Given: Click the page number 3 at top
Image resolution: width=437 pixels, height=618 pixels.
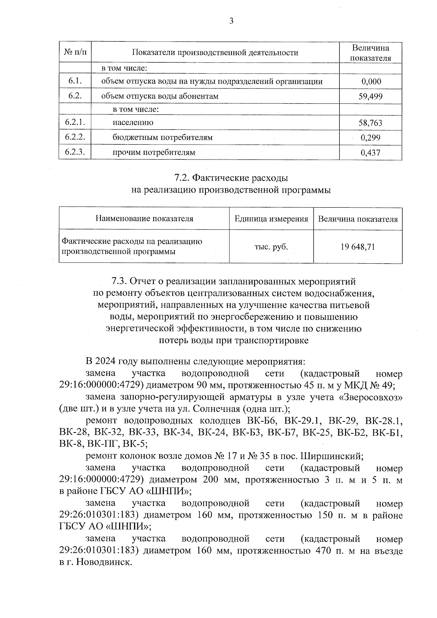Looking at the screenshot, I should point(231,21).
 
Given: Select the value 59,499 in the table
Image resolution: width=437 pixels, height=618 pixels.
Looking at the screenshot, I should point(370,97).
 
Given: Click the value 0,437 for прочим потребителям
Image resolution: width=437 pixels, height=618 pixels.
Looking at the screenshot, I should point(370,153).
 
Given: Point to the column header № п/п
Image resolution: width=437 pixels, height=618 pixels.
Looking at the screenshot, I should point(75,52).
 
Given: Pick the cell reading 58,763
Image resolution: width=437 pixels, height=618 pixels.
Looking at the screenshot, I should point(370,123).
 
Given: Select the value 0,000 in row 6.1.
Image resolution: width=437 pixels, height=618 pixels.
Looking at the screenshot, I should point(371,82).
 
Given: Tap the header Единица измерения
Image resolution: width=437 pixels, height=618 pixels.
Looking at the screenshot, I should point(271,219).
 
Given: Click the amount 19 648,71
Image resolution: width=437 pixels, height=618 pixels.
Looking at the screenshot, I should point(358,247).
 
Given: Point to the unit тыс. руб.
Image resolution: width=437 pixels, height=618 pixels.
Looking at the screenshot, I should point(271,247).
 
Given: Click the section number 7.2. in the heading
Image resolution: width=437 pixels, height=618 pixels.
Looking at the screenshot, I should point(181,178).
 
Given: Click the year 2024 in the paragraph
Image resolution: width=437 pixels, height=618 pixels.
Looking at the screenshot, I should point(106,362).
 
